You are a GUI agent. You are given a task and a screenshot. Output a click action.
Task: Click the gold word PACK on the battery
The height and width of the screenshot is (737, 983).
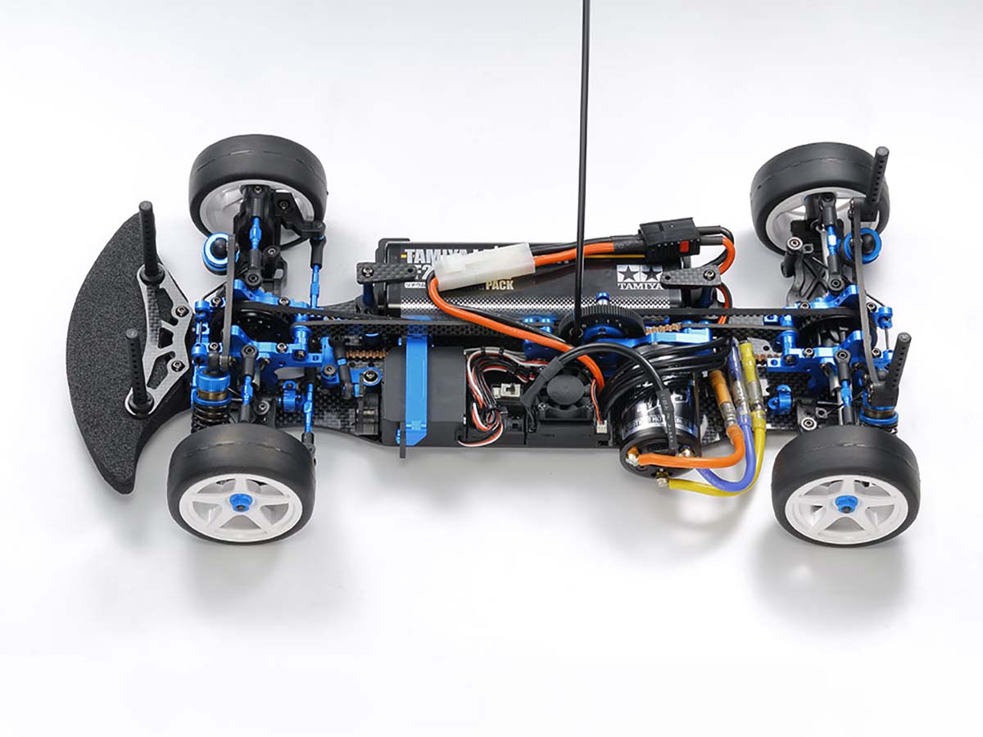(496, 286)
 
